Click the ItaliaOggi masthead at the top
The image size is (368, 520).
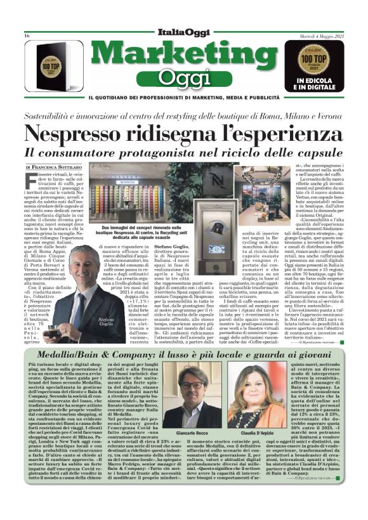coord(184,33)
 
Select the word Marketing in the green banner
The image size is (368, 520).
coord(183,55)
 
